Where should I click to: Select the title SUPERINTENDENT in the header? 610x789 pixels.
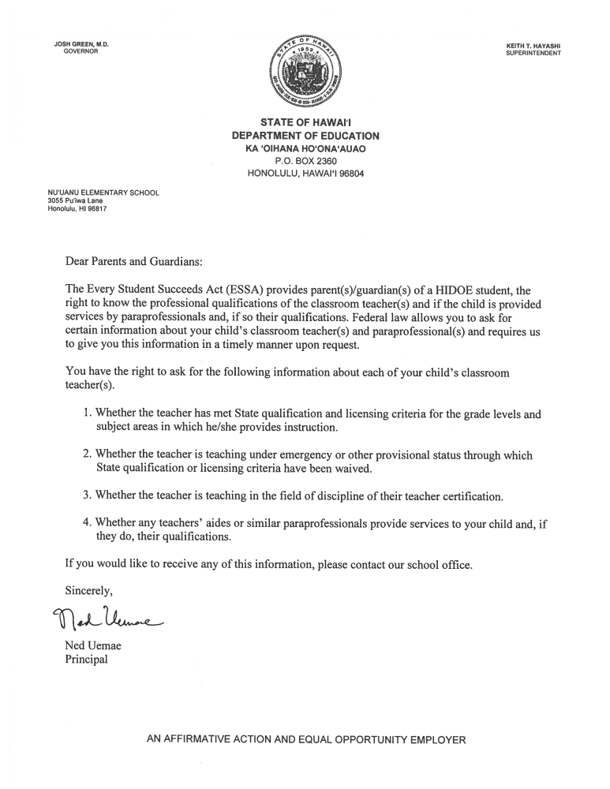(x=533, y=53)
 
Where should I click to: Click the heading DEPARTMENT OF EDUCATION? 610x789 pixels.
(x=305, y=136)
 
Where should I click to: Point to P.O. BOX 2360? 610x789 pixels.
(x=305, y=161)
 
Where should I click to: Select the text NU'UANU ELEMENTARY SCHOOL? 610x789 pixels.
(x=103, y=193)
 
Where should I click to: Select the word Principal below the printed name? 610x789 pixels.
(x=85, y=660)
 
